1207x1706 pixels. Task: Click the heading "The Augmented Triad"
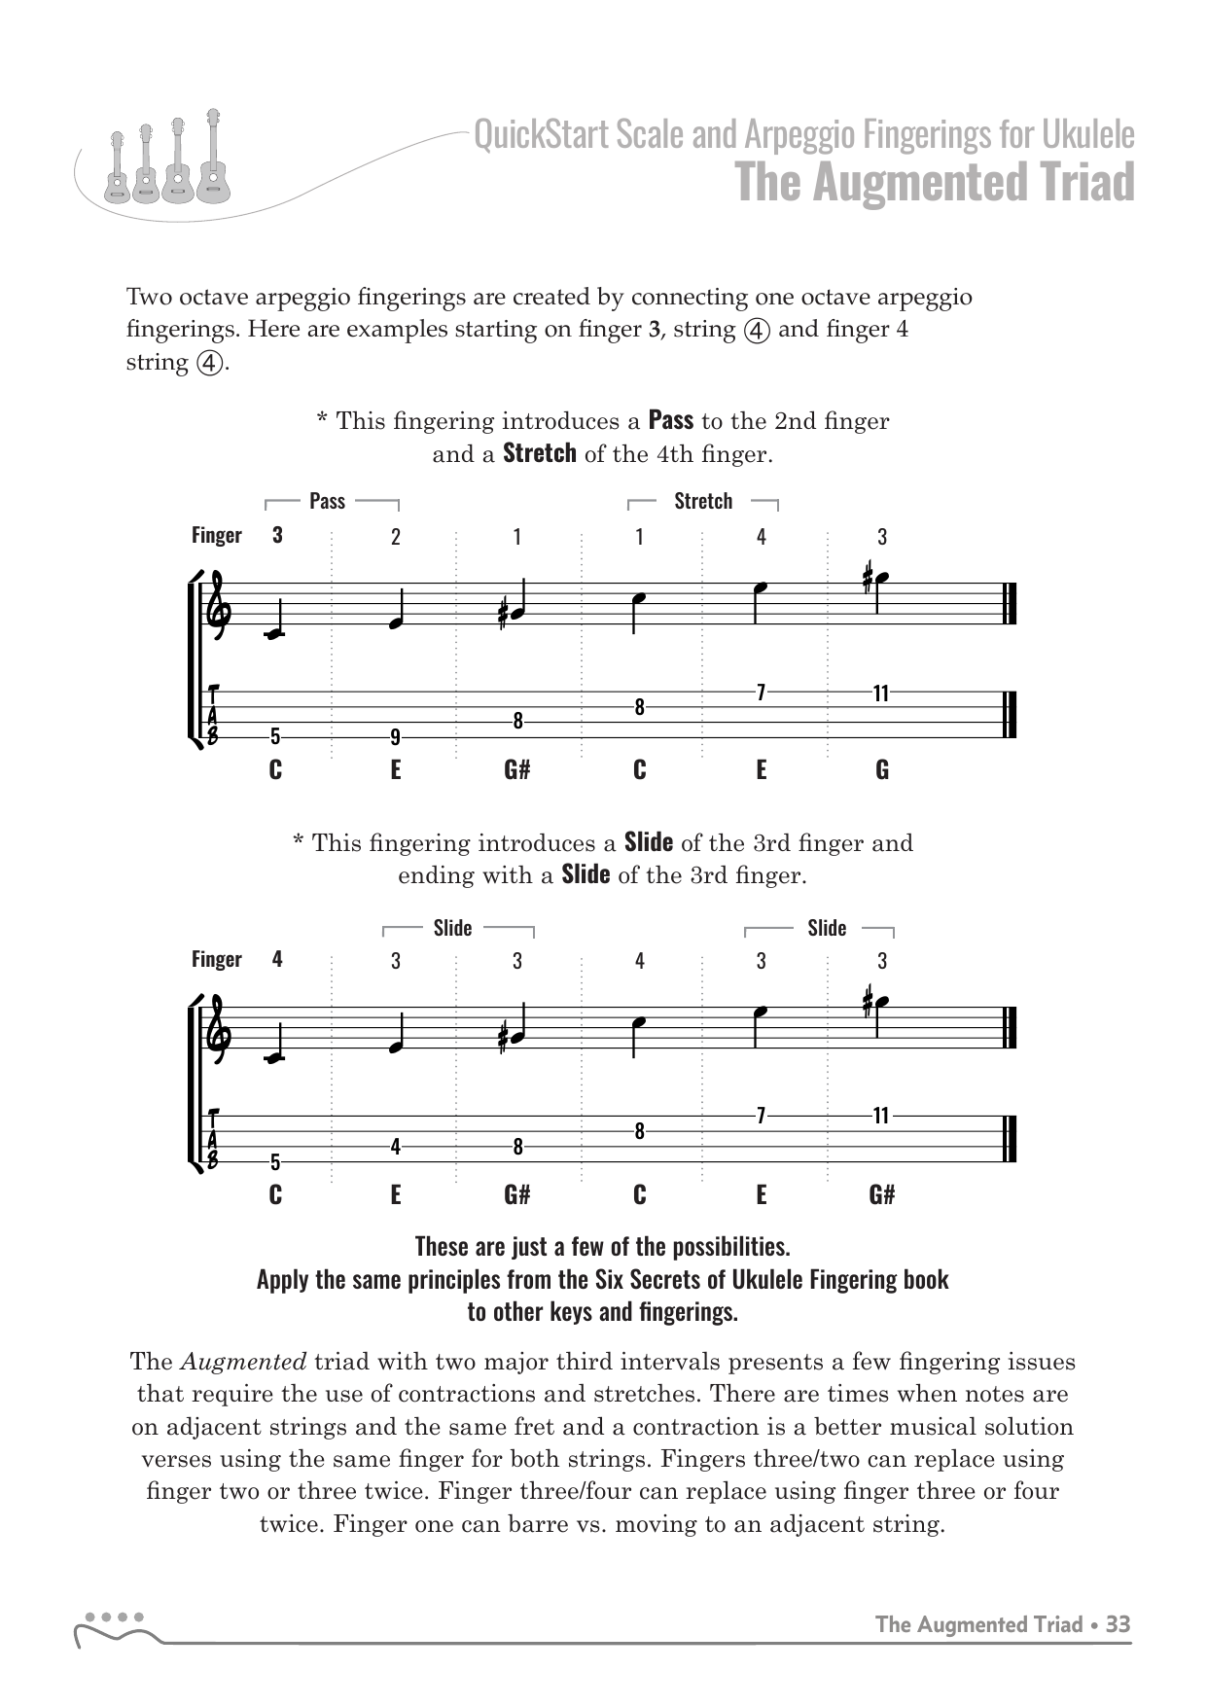[x=935, y=182]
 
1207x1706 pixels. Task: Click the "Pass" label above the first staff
[x=328, y=501]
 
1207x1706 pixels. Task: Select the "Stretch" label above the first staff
[x=703, y=501]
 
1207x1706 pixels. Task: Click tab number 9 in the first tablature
[x=396, y=735]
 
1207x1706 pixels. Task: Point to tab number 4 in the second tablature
[x=396, y=1147]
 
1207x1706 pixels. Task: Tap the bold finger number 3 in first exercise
[x=277, y=535]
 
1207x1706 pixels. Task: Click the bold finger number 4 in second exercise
[x=277, y=959]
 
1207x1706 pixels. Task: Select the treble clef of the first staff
[x=215, y=605]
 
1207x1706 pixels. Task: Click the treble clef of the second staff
[x=215, y=1030]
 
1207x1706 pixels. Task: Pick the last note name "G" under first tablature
[x=882, y=770]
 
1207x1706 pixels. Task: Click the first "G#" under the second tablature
[x=517, y=1194]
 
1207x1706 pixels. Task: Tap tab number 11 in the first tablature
[x=881, y=693]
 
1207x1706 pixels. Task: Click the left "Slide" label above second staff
[x=452, y=928]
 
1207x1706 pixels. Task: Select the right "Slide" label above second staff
[x=827, y=928]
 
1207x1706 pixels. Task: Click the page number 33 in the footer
[x=1118, y=1624]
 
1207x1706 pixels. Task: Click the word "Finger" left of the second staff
[x=216, y=959]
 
